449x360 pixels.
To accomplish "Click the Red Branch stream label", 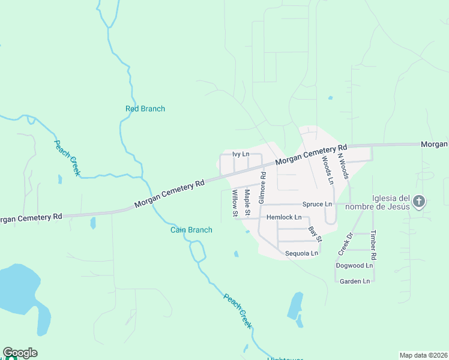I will tap(145, 109).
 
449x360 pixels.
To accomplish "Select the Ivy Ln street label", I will tap(241, 154).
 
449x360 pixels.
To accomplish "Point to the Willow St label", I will tap(235, 203).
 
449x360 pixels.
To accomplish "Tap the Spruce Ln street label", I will tap(317, 204).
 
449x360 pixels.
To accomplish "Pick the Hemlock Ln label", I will tap(284, 217).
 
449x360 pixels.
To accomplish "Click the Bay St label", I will tap(315, 234).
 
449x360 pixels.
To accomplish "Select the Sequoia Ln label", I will tap(301, 253).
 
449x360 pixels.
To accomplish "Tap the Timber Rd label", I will tap(373, 244).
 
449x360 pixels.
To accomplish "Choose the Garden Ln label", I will tap(355, 281).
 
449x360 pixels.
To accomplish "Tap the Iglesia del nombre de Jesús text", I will tap(391, 202).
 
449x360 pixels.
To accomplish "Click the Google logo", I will tap(20, 353).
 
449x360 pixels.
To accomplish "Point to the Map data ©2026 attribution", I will tap(423, 355).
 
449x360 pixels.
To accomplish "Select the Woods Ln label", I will tap(327, 169).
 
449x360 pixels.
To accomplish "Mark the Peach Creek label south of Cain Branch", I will tap(238, 311).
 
